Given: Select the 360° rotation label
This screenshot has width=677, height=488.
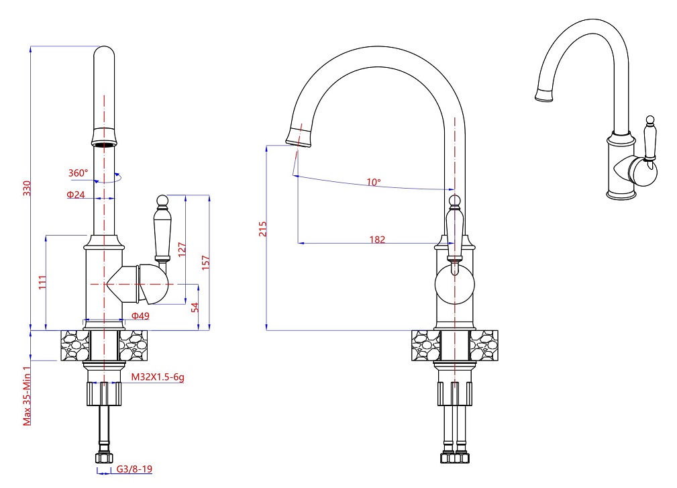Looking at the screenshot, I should point(78,173).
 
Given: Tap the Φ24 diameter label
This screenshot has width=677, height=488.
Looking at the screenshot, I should point(76,195).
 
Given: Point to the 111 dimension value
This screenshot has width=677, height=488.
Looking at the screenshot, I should point(42,283).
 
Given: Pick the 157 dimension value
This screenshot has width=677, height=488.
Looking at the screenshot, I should point(206,262).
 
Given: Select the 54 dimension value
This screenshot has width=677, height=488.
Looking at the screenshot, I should point(195,307).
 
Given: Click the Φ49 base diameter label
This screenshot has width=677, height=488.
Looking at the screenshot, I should point(140,315).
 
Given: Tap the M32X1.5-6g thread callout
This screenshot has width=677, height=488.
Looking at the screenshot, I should point(157,377).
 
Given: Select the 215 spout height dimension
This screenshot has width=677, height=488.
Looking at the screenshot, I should point(262,230).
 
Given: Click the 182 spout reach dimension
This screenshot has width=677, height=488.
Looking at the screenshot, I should point(377,239).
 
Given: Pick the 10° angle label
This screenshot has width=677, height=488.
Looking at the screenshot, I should point(374,182).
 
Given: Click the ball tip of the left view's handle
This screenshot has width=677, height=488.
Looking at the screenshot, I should point(161,199).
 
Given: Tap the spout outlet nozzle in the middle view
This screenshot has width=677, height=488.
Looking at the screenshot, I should point(299,136).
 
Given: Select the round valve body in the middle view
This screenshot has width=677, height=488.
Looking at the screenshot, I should point(454,283).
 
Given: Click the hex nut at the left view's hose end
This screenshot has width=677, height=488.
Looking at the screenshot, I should point(104,459).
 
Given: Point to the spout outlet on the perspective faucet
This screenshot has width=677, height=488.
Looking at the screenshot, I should point(543,95).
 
